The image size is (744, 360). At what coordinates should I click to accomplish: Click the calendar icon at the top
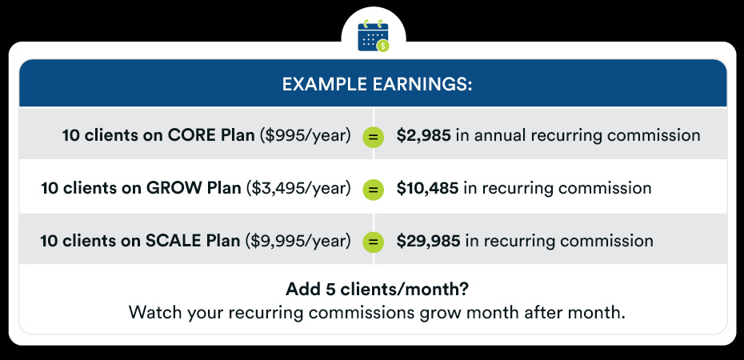[373, 35]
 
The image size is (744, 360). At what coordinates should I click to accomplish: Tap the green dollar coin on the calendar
[382, 46]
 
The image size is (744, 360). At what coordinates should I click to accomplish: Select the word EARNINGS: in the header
[420, 85]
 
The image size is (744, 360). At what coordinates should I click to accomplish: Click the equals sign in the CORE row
[374, 138]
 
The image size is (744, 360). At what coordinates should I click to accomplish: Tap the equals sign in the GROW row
[374, 190]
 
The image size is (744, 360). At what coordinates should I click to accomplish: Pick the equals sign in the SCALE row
[374, 242]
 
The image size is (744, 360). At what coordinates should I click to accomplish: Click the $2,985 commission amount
[424, 136]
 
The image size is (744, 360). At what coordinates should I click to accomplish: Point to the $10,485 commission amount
[427, 188]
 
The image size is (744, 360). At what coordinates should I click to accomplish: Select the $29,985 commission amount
[429, 241]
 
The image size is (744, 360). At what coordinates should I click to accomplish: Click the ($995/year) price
[306, 136]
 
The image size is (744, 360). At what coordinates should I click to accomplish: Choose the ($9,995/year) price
[298, 241]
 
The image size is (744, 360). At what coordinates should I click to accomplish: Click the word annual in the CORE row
[500, 136]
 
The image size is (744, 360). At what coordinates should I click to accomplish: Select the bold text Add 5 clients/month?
[378, 290]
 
